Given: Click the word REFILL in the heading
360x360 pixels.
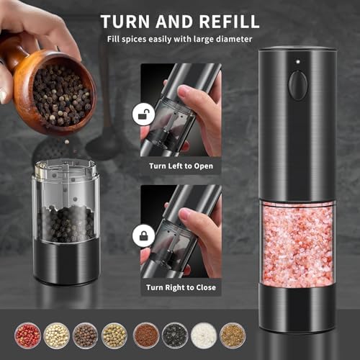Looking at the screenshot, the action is tap(229, 22).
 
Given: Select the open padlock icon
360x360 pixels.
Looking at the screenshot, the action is tap(143, 114).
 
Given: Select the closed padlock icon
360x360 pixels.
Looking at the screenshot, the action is tap(143, 235).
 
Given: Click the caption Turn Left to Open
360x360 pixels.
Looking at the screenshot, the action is tap(181, 166).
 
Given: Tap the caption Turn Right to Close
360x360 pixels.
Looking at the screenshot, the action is tap(181, 287).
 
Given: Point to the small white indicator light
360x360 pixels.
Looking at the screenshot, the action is tap(298, 62).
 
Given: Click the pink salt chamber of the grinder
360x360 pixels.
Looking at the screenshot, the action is tap(297, 245).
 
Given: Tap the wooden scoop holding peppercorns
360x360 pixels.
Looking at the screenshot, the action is tap(48, 89).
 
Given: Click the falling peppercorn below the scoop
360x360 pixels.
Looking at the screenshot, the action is tap(67, 142).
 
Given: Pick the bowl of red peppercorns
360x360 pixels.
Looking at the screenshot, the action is tap(27, 336).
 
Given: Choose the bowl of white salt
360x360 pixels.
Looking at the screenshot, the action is tap(204, 336).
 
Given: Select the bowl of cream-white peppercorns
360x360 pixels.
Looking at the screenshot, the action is tap(57, 336).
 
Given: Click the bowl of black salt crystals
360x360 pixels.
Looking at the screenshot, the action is tap(175, 336).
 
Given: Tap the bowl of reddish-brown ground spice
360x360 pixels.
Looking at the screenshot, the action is tap(146, 336).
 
